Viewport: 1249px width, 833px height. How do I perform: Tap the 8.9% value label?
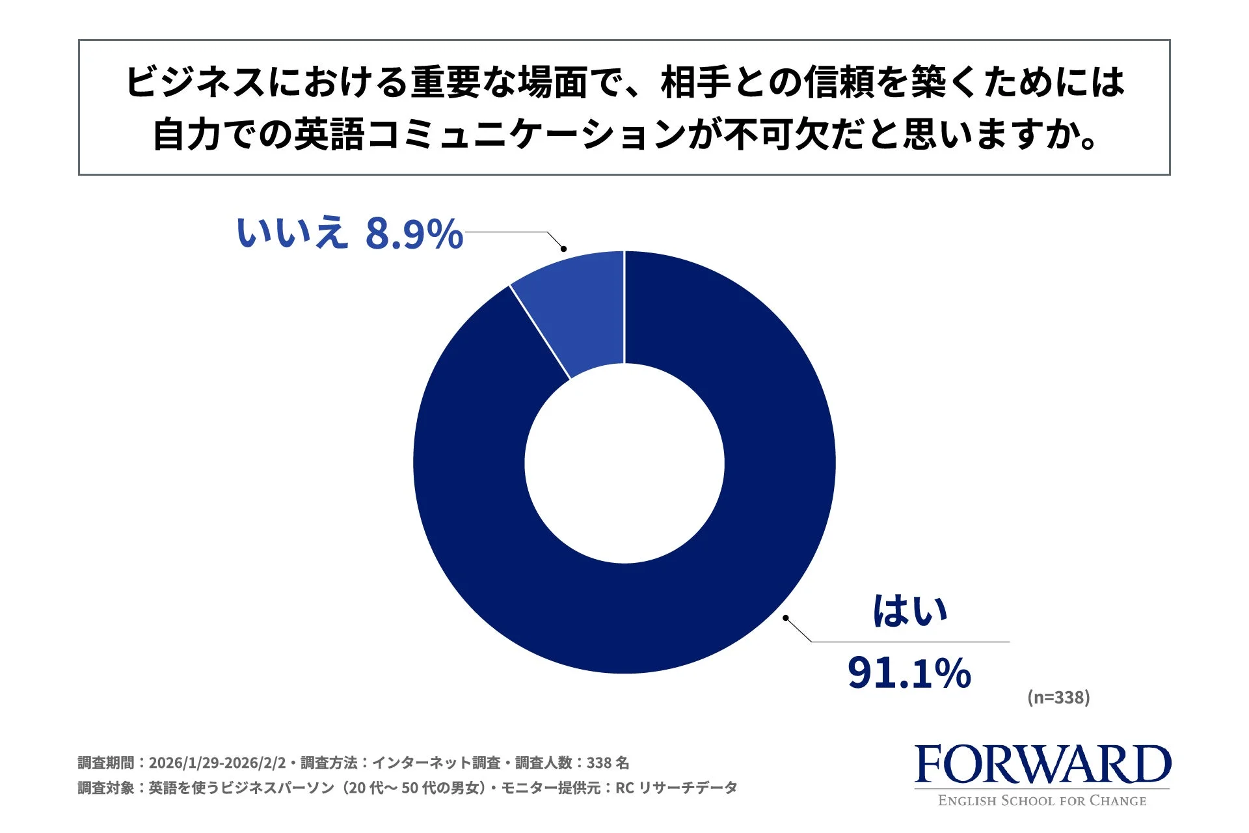[414, 234]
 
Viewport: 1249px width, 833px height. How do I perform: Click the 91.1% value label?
[909, 673]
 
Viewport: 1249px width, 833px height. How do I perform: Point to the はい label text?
[909, 612]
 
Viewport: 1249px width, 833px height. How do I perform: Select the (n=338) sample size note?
[1058, 698]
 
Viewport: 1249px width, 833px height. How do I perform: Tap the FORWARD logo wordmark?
[1042, 765]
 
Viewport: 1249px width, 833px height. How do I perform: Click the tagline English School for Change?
[1042, 801]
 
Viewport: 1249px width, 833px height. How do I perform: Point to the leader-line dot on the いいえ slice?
[563, 249]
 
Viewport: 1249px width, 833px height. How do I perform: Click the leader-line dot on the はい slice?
[786, 618]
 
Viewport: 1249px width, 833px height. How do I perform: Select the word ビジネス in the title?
[195, 83]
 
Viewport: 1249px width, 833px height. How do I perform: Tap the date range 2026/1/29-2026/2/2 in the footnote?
[217, 763]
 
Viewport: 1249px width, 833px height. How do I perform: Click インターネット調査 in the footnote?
[436, 763]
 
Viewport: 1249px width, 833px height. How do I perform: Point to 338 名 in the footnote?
[608, 763]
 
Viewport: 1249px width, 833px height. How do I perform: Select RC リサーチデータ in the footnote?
[676, 788]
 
